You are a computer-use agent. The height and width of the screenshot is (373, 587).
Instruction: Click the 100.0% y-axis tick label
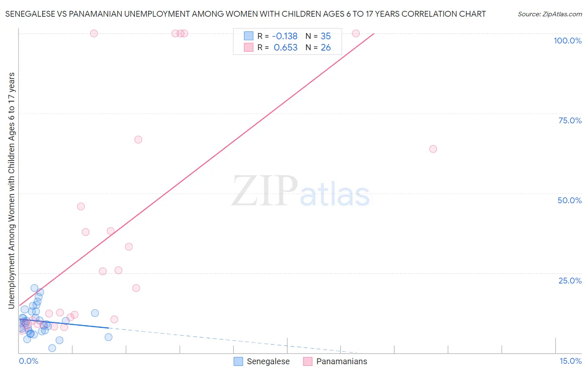click(567, 41)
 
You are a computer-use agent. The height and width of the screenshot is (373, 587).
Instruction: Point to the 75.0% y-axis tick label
click(570, 120)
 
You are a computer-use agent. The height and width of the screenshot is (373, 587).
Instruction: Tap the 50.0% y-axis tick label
click(569, 200)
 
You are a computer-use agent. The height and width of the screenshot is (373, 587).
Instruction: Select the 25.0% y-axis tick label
click(570, 281)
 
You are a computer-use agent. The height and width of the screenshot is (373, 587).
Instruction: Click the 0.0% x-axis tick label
click(28, 361)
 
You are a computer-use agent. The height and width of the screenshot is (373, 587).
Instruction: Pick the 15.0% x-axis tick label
click(570, 361)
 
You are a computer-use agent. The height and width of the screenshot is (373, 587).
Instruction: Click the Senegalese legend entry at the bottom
click(268, 362)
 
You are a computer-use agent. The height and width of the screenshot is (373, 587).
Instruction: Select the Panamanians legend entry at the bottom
click(341, 362)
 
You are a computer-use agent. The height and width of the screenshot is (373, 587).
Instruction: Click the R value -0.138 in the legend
click(284, 36)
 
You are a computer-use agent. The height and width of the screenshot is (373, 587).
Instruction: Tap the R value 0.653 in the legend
click(286, 48)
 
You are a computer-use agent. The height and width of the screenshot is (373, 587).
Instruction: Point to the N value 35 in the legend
click(326, 36)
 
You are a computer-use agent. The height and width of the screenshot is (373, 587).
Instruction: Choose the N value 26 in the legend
click(326, 48)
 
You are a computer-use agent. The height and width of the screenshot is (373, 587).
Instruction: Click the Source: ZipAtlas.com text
click(549, 14)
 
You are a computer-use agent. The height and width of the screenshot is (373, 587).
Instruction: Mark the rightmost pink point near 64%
click(433, 149)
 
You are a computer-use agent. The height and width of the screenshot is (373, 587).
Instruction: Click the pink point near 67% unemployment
click(138, 140)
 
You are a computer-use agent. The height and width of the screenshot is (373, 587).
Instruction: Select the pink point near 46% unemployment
click(81, 207)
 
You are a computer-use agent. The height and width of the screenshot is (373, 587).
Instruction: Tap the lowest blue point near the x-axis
click(52, 348)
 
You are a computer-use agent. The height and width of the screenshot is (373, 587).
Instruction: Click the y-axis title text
click(11, 191)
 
